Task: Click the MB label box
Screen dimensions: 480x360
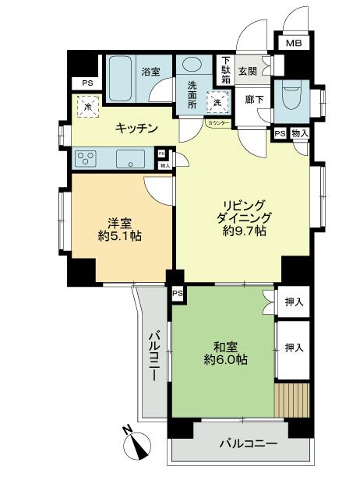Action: [293, 44]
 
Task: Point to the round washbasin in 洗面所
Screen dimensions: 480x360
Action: [191, 66]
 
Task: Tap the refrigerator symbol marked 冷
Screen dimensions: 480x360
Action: [88, 106]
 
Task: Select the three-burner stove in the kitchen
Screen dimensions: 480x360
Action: [87, 160]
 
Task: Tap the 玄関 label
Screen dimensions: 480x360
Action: [247, 71]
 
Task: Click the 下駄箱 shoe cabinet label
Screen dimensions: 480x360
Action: [225, 71]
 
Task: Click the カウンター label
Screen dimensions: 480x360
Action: [217, 123]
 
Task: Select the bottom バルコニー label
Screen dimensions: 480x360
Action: [247, 443]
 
